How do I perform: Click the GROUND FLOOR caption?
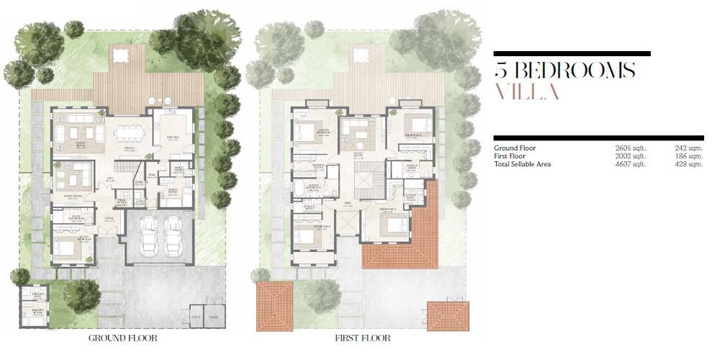pyautogui.click(x=122, y=338)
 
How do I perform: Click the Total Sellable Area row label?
pyautogui.click(x=522, y=164)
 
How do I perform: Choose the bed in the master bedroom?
pyautogui.click(x=307, y=132)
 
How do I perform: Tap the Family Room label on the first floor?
pyautogui.click(x=357, y=154)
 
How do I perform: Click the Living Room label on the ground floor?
pyautogui.click(x=69, y=143)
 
